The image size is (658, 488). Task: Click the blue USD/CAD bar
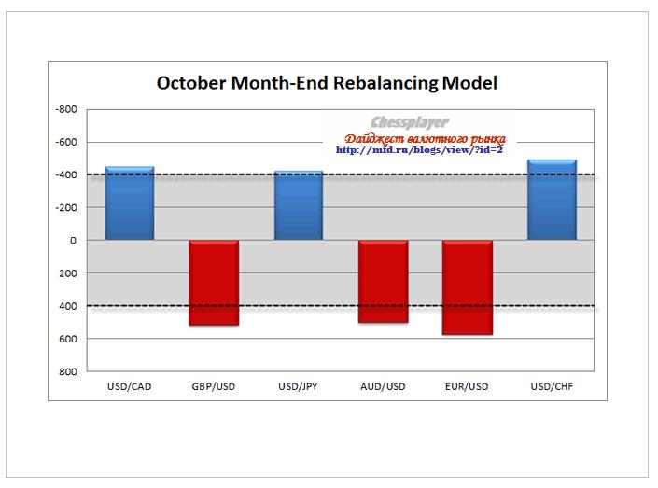(x=130, y=203)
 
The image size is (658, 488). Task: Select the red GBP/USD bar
(x=214, y=283)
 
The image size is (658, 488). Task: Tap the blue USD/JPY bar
(x=299, y=206)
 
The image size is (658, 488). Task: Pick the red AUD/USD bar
(x=383, y=281)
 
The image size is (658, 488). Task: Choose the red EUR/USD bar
(x=467, y=287)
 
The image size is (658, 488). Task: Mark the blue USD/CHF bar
(x=552, y=200)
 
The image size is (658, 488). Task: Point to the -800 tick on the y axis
(x=67, y=109)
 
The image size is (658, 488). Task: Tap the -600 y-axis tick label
(x=67, y=142)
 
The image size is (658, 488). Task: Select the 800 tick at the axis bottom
(x=69, y=371)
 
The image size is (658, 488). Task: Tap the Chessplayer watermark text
(x=409, y=122)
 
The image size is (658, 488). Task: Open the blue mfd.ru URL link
(x=419, y=149)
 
